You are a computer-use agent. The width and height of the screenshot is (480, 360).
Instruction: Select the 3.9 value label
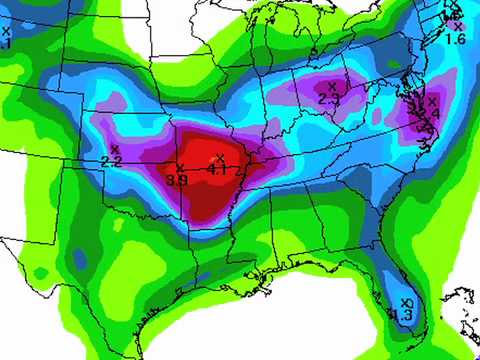177,180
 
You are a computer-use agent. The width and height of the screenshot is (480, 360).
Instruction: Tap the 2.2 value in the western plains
111,161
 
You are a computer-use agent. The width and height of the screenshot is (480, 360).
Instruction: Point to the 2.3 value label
328,99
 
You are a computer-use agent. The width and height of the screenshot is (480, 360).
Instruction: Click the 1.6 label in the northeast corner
455,39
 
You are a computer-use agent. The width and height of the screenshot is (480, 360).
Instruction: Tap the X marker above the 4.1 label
220,158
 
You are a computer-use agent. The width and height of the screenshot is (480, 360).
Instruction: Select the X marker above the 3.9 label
180,168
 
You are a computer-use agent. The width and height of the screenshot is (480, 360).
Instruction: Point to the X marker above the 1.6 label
458,26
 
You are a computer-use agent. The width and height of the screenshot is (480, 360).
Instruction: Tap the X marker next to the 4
433,100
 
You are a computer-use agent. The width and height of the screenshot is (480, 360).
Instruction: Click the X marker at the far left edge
6,31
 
